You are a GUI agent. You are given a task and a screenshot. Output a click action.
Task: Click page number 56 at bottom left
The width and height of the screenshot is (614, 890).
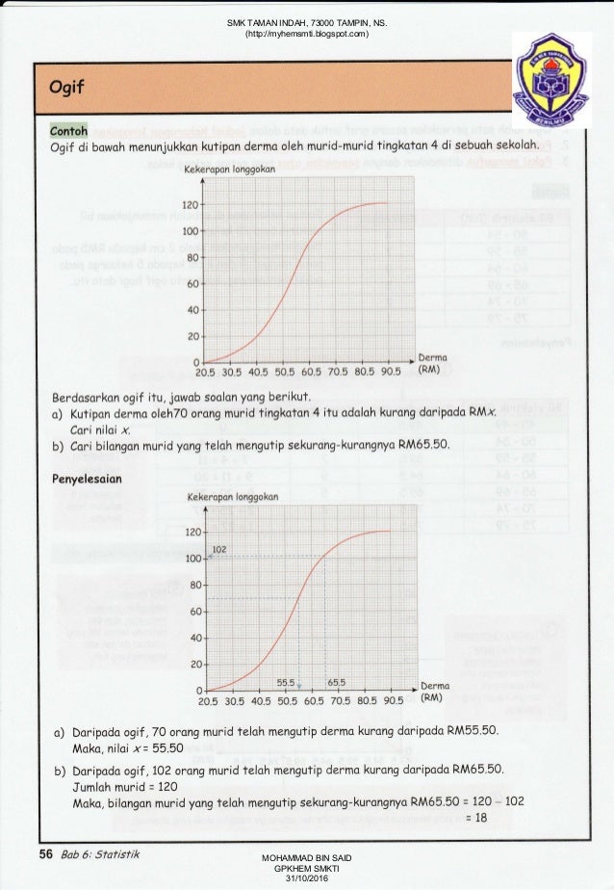45,853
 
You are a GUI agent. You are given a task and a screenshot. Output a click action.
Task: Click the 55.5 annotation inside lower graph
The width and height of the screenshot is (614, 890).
286,682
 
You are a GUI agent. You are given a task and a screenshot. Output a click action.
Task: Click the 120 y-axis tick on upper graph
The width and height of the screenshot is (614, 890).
189,205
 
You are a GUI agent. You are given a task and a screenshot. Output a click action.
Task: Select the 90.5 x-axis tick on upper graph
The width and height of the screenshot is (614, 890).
389,371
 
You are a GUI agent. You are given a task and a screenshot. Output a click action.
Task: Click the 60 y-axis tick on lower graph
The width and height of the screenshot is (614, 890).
193,612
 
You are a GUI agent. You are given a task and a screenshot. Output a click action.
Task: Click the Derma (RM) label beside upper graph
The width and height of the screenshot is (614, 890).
433,363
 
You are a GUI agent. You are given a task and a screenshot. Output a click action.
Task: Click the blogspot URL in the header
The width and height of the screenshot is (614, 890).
307,35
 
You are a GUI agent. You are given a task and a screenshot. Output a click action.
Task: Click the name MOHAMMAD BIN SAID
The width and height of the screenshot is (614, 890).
307,857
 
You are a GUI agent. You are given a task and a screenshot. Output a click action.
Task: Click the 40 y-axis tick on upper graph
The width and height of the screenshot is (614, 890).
192,310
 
